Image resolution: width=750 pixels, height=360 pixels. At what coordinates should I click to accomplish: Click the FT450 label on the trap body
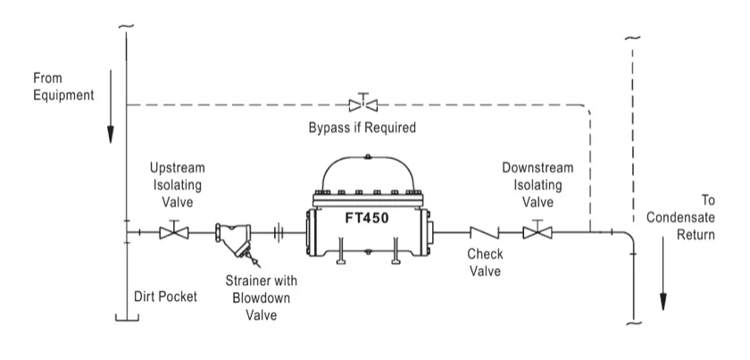point(367,218)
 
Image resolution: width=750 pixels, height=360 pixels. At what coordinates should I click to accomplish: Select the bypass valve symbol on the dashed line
point(363,103)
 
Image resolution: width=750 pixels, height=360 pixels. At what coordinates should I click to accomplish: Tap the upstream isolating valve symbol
point(174,230)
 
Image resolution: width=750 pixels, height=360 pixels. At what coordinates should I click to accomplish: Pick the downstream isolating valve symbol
point(537,230)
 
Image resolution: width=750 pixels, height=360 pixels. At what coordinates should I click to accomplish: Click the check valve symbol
point(485,232)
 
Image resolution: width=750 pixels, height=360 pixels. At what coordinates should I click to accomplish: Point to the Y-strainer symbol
point(233,239)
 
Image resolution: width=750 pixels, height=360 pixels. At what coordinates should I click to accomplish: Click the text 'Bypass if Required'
point(362,128)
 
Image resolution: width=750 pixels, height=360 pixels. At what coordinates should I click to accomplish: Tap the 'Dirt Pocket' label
point(165,297)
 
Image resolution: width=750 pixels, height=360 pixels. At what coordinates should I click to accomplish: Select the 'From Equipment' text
point(63,87)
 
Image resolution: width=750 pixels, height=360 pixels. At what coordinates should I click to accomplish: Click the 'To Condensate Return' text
point(680,217)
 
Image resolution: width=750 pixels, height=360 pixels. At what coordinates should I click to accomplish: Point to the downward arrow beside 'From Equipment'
point(111,106)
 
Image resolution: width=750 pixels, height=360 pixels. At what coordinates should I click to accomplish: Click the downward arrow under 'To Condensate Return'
point(662,274)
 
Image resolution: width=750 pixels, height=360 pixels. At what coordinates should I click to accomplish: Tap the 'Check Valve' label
point(485,263)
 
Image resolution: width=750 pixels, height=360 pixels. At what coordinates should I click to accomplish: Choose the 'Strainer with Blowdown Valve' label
point(261,297)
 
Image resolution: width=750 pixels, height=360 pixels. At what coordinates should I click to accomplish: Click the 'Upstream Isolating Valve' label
point(177,185)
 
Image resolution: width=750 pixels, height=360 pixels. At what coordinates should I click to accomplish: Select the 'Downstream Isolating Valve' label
point(537,185)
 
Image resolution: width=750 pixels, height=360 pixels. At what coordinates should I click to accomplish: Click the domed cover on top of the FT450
point(368,159)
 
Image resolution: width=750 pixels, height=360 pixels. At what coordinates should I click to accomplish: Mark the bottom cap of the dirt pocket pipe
point(127,318)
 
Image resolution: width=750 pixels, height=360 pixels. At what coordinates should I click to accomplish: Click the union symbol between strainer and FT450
point(279,232)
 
